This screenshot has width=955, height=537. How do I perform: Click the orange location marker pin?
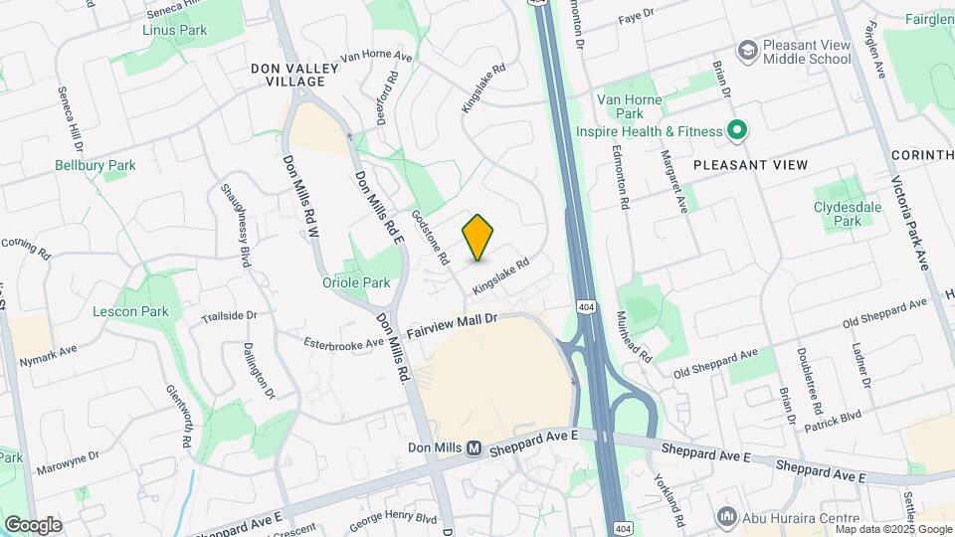click(478, 237)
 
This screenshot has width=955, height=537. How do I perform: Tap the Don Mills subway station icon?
click(475, 448)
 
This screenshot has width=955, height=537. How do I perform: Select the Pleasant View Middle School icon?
click(747, 50)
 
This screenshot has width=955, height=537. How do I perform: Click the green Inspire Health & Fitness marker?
click(736, 130)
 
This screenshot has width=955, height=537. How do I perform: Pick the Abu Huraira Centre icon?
click(727, 517)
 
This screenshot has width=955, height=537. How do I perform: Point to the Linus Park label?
click(174, 30)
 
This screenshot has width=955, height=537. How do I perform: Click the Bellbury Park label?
click(95, 165)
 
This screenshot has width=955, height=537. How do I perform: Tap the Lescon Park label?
click(130, 311)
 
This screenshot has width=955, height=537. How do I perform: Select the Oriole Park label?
click(356, 282)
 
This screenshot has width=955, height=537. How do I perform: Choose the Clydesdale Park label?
click(848, 214)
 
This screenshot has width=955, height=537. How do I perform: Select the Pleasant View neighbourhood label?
click(749, 164)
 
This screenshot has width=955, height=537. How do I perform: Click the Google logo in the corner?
click(33, 524)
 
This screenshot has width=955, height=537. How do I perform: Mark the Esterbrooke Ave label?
click(344, 342)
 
